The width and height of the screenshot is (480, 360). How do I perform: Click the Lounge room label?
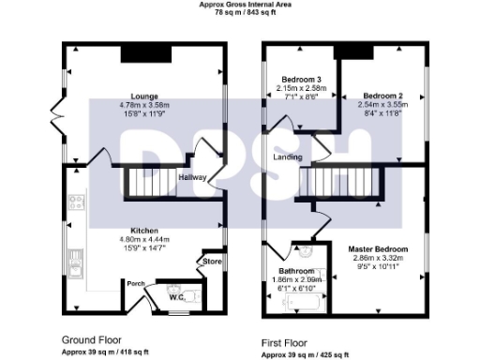143,96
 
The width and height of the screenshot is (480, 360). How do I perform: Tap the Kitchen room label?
143,230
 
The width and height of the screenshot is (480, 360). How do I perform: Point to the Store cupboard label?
213,262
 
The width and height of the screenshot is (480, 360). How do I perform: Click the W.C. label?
176,297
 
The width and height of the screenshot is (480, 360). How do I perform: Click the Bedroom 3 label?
298,80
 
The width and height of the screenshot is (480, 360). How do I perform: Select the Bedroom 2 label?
382,96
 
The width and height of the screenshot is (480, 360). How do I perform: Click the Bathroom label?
296,271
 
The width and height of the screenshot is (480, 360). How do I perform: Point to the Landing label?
287,157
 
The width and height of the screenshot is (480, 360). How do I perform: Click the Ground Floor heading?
91,338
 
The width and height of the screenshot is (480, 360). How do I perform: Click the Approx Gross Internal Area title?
239,5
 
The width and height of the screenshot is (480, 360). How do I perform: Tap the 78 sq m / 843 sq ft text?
239,13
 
